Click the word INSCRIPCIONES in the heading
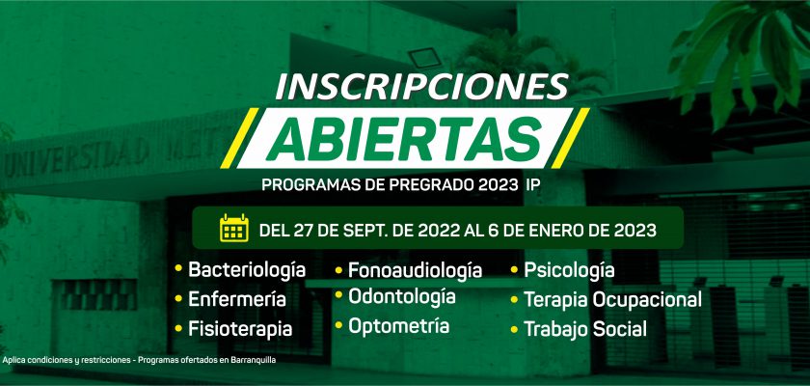(421, 86)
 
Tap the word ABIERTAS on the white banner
(403, 139)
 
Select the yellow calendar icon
(234, 228)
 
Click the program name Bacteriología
(247, 270)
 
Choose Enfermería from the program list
(237, 299)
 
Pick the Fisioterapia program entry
(240, 329)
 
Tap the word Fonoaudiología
(416, 270)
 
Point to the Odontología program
(402, 296)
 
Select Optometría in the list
(399, 326)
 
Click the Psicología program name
(569, 270)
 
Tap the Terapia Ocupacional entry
(612, 300)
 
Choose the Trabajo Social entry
(585, 329)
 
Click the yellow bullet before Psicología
(515, 269)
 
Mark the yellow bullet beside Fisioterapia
(178, 328)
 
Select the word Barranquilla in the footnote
(255, 360)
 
